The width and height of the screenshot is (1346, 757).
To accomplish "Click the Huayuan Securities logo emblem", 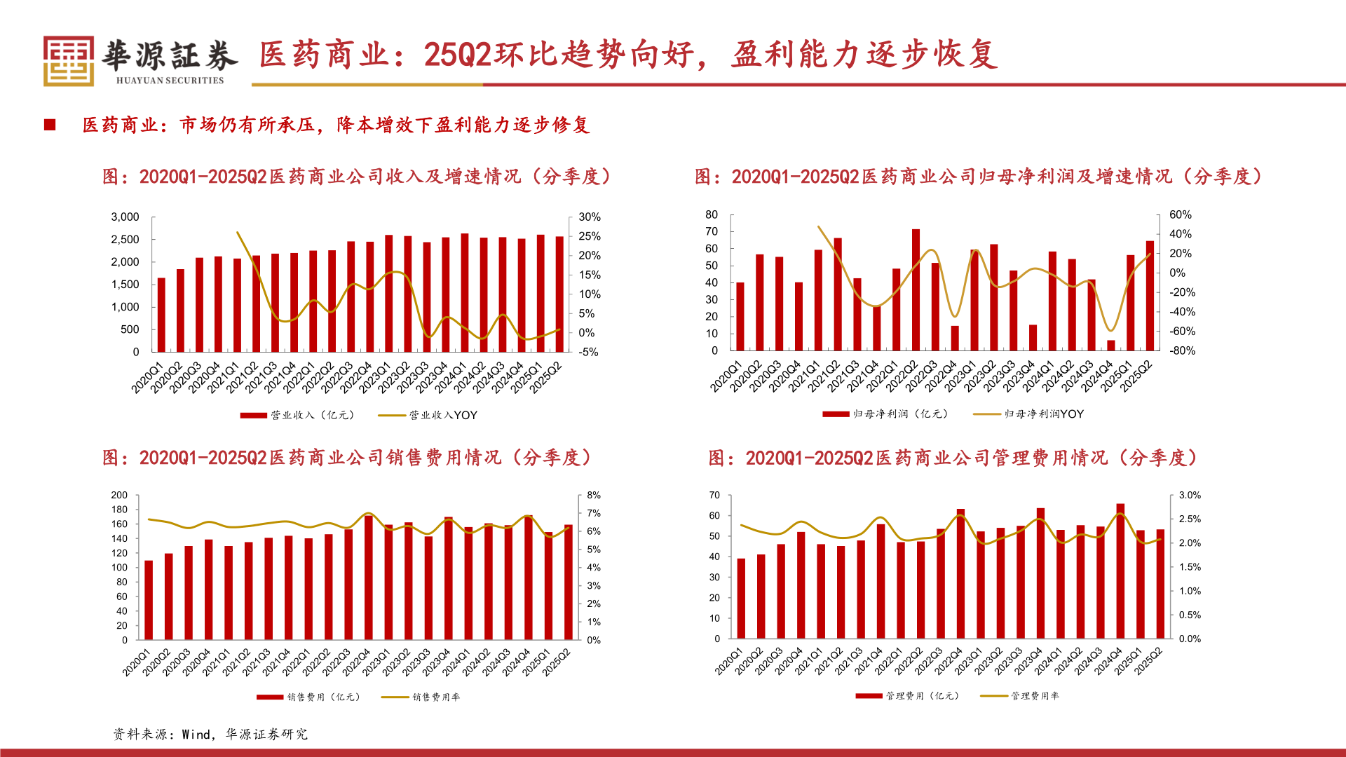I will pos(69,62).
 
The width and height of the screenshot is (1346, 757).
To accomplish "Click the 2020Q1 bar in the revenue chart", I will pos(161,315).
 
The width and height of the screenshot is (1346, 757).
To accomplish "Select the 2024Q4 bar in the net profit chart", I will pos(1111,346).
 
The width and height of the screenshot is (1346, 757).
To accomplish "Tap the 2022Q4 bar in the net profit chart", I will pos(955,339).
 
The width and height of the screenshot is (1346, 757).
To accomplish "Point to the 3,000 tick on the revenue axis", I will pos(125,217).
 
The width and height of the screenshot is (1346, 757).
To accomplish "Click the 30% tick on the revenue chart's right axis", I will pos(589,217).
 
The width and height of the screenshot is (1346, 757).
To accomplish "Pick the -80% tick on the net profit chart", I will pos(1181,351).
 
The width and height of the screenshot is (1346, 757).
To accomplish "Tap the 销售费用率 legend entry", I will pos(435,697).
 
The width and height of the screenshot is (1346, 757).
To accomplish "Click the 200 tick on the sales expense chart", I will pos(119,495).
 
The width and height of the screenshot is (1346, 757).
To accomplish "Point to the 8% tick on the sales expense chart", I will pos(594,495).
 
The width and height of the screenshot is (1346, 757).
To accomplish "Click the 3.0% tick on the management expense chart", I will pos(1190,495).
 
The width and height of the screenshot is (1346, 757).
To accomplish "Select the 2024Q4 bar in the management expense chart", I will pos(1120,571).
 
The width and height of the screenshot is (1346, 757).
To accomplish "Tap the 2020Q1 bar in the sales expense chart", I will pos(149,600).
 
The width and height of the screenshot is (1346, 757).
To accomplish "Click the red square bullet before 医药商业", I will pos(50,125).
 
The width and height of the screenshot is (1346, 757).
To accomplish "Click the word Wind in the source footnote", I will pos(196,735).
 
